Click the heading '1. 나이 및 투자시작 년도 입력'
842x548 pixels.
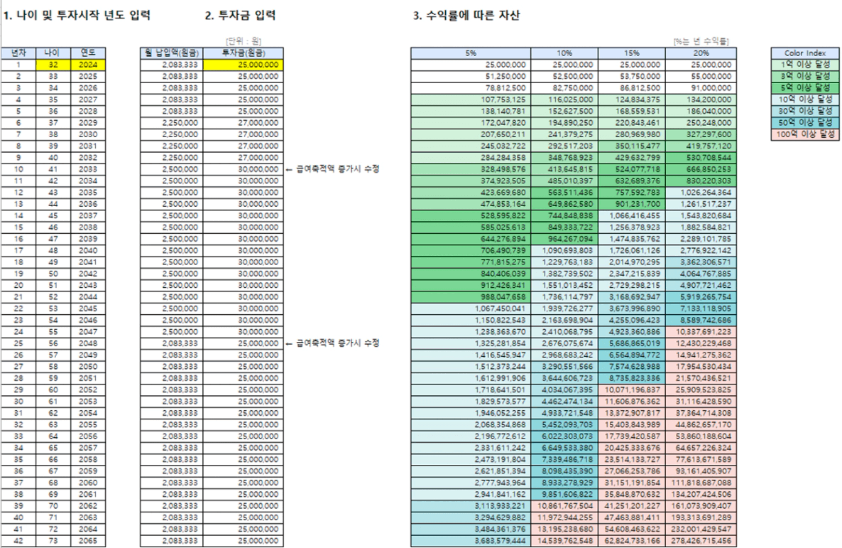77,15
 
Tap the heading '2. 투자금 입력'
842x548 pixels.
240,15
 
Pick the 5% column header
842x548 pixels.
471,53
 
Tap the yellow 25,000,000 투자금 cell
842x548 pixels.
244,65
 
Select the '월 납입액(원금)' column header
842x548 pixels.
171,53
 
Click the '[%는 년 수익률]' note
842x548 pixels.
701,42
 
